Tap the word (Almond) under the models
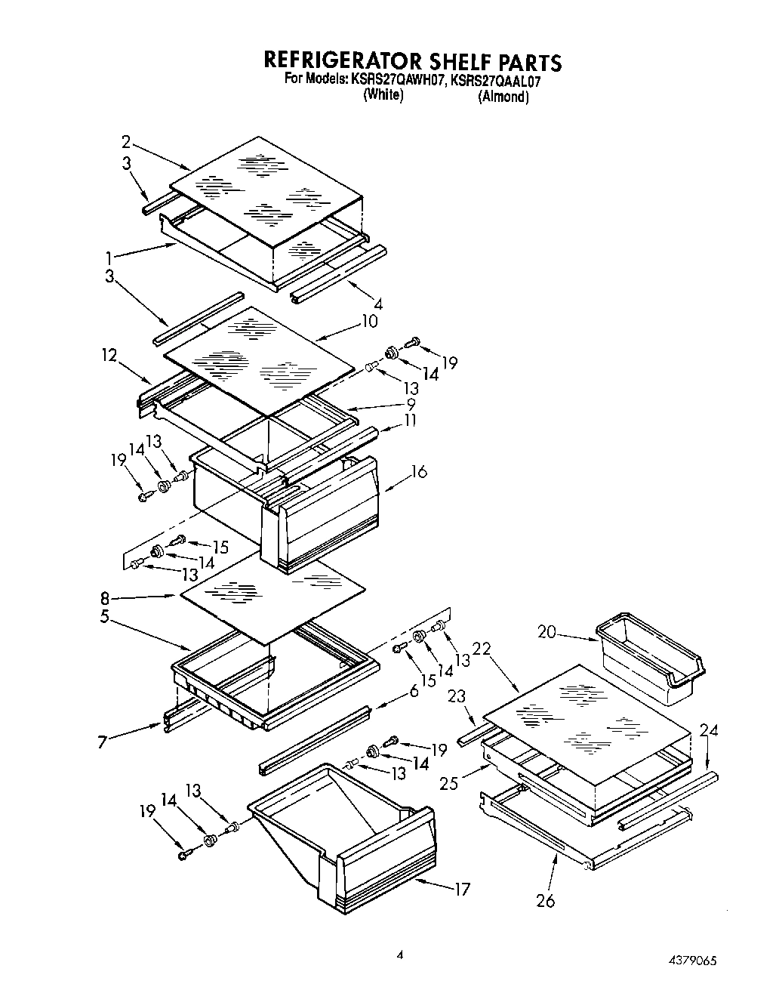(x=503, y=97)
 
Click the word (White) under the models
(x=383, y=96)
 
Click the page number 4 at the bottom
(x=400, y=955)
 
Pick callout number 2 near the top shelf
(x=126, y=141)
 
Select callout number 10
(x=369, y=321)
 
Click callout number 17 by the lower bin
(x=461, y=889)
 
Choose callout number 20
(x=546, y=631)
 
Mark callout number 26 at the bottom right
(x=545, y=900)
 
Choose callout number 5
(x=107, y=616)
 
